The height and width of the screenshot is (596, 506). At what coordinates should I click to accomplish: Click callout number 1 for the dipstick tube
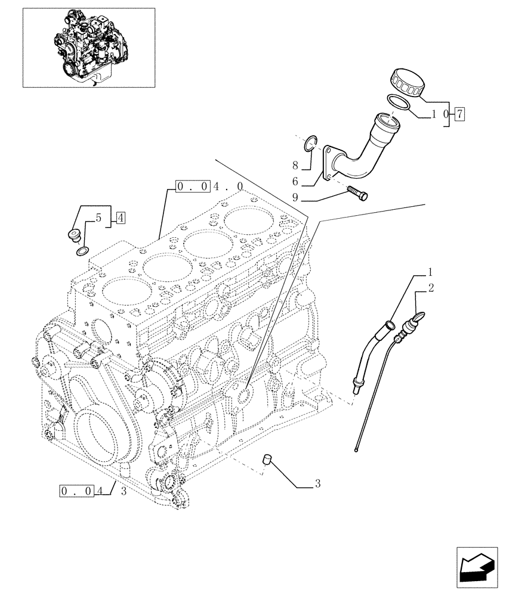[429, 274]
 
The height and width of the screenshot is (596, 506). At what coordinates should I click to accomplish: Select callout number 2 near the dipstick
[431, 288]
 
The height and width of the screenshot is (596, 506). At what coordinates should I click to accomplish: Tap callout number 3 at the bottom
[318, 484]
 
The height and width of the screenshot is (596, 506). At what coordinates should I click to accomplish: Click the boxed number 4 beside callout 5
[121, 218]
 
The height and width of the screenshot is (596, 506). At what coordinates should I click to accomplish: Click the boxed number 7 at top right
[459, 113]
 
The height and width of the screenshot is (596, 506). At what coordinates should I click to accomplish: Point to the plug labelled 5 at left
[74, 235]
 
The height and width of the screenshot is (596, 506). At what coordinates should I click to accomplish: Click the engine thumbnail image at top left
[88, 48]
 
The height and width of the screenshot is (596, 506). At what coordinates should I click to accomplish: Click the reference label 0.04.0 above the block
[209, 187]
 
